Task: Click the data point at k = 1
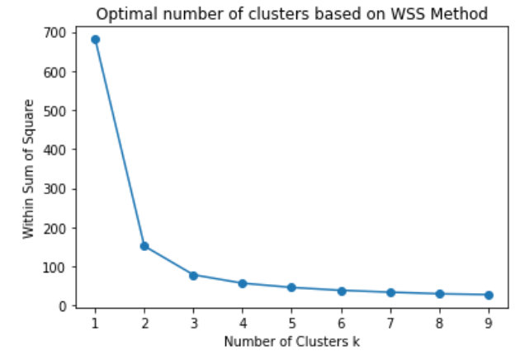click(x=95, y=40)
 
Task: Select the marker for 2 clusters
click(x=144, y=246)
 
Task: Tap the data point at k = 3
click(x=193, y=276)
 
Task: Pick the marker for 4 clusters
click(x=243, y=284)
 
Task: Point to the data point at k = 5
click(x=291, y=287)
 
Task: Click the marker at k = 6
click(x=342, y=291)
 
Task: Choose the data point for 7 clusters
click(x=390, y=292)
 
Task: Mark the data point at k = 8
click(x=440, y=294)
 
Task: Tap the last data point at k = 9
click(x=489, y=295)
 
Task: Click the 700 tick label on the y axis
click(x=55, y=33)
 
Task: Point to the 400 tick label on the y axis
click(x=55, y=149)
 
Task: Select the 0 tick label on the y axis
click(x=63, y=306)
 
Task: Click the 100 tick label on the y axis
click(x=55, y=268)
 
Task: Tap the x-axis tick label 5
click(x=292, y=323)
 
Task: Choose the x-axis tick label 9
click(x=489, y=323)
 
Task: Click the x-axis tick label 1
click(x=95, y=323)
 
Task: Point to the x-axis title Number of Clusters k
click(x=292, y=342)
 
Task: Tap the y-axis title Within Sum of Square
click(x=29, y=168)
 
